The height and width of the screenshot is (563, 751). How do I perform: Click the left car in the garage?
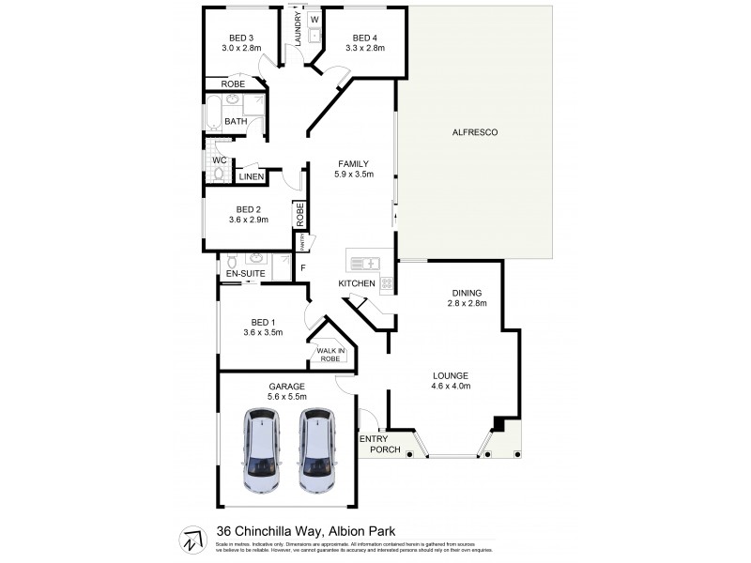(x=262, y=450)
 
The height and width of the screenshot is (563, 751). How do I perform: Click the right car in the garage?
(x=318, y=450)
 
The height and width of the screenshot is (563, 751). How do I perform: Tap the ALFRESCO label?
(x=473, y=133)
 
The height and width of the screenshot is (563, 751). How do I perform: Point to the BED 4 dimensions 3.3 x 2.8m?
(x=365, y=49)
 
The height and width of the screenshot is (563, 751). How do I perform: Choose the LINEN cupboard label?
(x=251, y=177)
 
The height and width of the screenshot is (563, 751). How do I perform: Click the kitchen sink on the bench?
(x=366, y=264)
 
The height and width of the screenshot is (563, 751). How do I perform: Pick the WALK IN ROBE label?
(x=330, y=355)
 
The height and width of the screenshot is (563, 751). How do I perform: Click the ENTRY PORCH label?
(x=380, y=445)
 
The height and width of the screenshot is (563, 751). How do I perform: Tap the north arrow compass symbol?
(x=191, y=539)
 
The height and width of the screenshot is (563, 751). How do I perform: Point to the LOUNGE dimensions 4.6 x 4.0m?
(x=451, y=386)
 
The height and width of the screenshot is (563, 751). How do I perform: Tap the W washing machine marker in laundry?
(x=314, y=20)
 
